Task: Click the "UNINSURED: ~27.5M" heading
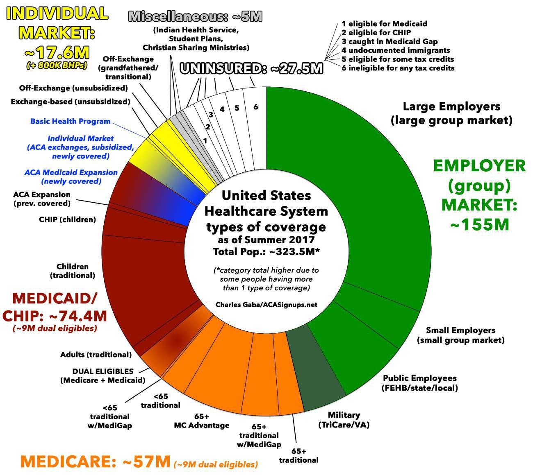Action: (x=251, y=69)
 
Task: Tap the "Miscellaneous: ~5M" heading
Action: (x=195, y=16)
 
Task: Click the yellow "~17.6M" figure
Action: (x=57, y=52)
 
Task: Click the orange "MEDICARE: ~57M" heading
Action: (x=96, y=462)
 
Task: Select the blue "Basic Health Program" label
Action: (x=70, y=121)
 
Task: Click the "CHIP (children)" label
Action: (x=67, y=219)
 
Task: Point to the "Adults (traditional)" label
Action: (x=96, y=355)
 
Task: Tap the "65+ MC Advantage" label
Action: (x=201, y=421)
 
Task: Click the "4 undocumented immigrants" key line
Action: (x=396, y=50)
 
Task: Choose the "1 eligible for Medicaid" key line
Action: (x=384, y=24)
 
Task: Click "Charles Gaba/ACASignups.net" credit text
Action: (x=266, y=305)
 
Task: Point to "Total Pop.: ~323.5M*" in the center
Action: (x=266, y=251)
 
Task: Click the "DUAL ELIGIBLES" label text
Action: (x=103, y=371)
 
